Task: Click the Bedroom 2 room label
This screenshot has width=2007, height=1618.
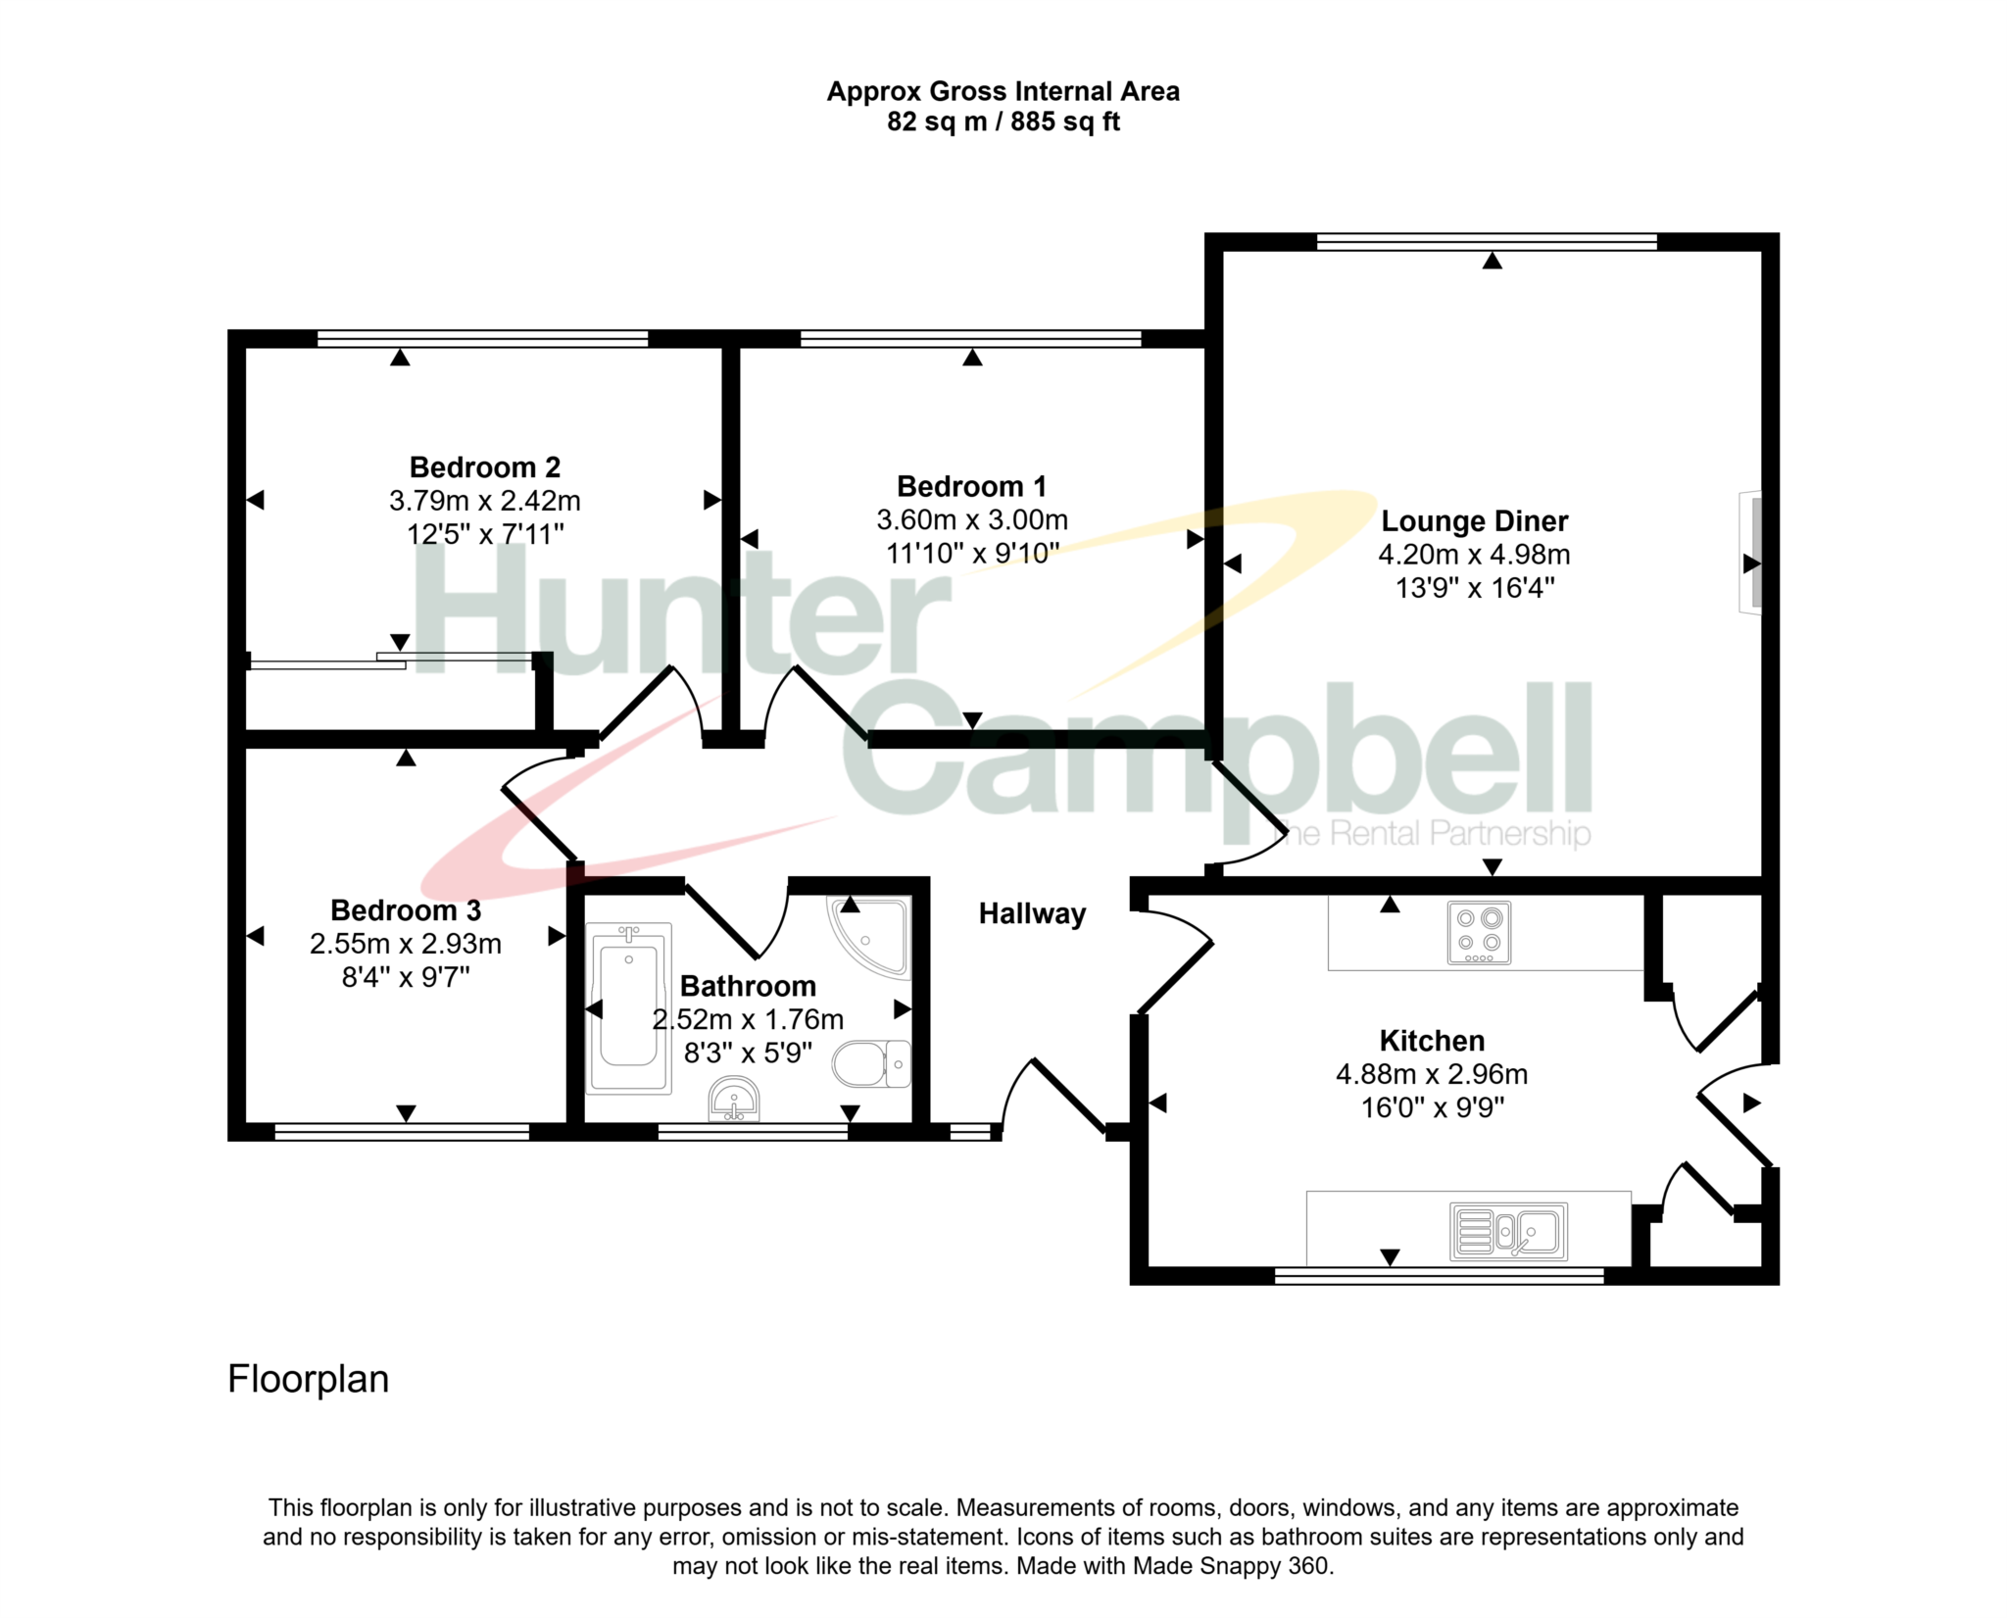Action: pyautogui.click(x=485, y=467)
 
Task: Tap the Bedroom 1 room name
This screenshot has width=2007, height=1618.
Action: pyautogui.click(x=971, y=486)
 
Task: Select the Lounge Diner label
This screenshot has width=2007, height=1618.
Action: pyautogui.click(x=1474, y=521)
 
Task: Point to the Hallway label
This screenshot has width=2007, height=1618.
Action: pyautogui.click(x=1032, y=914)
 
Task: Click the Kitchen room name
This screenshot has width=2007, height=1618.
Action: pyautogui.click(x=1432, y=1041)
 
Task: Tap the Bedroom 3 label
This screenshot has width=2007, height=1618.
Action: pyautogui.click(x=406, y=910)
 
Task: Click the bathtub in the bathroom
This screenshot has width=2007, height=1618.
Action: pyautogui.click(x=628, y=1007)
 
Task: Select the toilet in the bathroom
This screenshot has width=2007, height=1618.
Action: pyautogui.click(x=871, y=1064)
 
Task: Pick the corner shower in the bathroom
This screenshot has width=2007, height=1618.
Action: pyautogui.click(x=869, y=937)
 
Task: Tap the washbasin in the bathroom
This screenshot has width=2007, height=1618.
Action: pyautogui.click(x=733, y=1099)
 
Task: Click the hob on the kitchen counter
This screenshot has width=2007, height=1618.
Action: pyautogui.click(x=1479, y=932)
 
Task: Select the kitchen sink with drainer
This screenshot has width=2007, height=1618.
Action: pyautogui.click(x=1508, y=1232)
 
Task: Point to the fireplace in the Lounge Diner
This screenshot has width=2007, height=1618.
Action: pyautogui.click(x=1750, y=553)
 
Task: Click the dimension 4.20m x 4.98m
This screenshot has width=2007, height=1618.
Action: pyautogui.click(x=1474, y=555)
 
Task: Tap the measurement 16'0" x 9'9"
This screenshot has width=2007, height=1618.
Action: pyautogui.click(x=1432, y=1107)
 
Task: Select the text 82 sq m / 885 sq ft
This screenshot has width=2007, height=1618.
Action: pyautogui.click(x=1003, y=122)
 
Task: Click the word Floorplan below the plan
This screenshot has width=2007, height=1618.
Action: pyautogui.click(x=309, y=1380)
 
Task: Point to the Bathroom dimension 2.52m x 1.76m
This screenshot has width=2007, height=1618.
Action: pyautogui.click(x=748, y=1019)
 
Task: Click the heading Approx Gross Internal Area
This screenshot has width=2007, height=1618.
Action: pyautogui.click(x=1003, y=91)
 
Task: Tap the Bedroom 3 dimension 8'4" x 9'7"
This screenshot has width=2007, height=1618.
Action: pyautogui.click(x=406, y=977)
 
